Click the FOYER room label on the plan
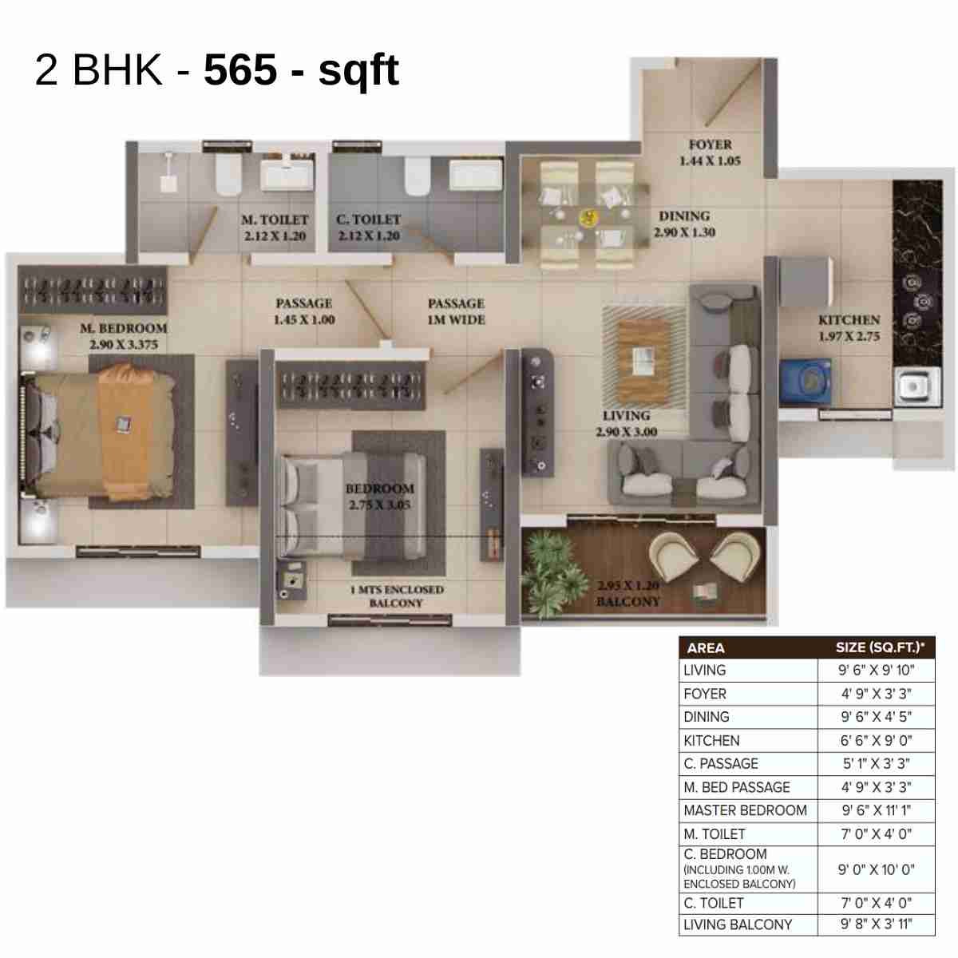[710, 145]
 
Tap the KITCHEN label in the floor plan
[849, 320]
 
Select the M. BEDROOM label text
[124, 328]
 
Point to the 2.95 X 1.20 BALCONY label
[628, 593]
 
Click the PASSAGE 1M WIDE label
[456, 311]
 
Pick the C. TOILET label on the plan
[368, 220]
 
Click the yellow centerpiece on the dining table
[588, 216]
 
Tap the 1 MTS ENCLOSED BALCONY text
[397, 596]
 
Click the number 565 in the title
[240, 70]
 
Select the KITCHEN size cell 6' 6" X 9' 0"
[876, 740]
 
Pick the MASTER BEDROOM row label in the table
[745, 810]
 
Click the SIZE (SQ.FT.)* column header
[875, 647]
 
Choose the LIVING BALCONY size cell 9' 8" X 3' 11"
[876, 924]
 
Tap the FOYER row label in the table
[705, 694]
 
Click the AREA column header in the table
[706, 647]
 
